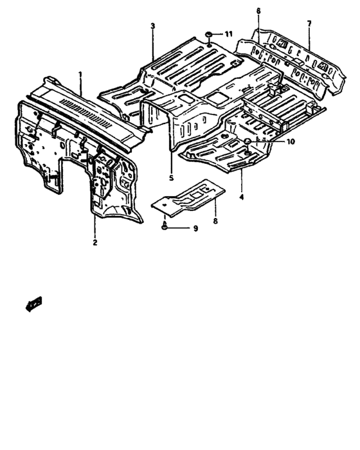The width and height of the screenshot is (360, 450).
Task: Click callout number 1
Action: point(80,75)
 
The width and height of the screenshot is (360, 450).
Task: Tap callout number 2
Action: point(95,242)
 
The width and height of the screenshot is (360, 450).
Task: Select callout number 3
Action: point(153,26)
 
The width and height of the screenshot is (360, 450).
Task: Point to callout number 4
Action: point(242,197)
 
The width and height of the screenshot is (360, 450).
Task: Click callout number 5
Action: point(172,178)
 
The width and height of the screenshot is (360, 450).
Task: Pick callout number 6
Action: point(258,11)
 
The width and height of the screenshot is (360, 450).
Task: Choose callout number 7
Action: point(309,24)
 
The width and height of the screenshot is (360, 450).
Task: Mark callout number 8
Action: point(215,221)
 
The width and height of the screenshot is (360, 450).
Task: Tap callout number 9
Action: point(195,228)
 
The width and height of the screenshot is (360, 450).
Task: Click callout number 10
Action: point(290,141)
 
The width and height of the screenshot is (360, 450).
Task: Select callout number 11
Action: point(228,34)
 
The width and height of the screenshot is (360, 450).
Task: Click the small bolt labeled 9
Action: point(165,226)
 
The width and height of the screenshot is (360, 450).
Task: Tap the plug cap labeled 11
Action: point(208,35)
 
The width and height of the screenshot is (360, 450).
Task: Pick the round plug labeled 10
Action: point(247,141)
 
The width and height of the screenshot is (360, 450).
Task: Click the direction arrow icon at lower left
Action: point(34,304)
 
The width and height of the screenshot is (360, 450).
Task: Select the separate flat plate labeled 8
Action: point(188,197)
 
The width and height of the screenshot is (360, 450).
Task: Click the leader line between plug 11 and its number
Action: point(217,34)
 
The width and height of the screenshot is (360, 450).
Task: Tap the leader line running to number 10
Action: point(268,141)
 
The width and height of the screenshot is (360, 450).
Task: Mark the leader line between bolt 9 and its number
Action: point(179,228)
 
